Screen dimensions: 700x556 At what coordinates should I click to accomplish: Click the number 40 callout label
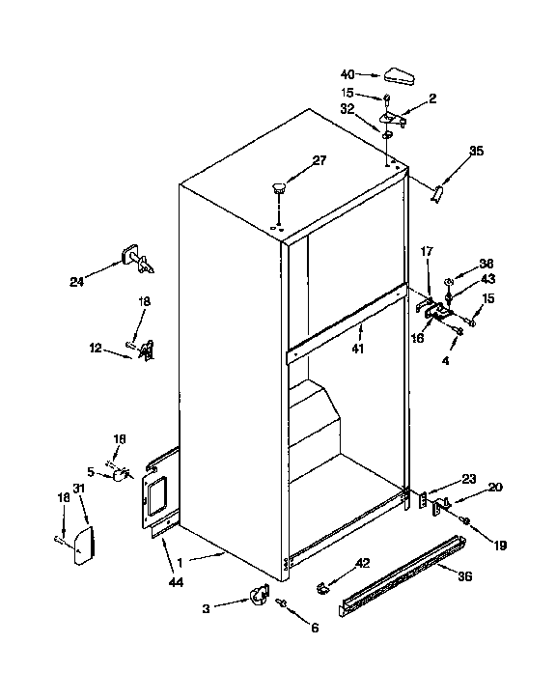pos(347,73)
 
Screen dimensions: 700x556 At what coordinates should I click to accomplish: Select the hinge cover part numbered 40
pos(398,74)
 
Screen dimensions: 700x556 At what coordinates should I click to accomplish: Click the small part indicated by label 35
pos(435,193)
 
